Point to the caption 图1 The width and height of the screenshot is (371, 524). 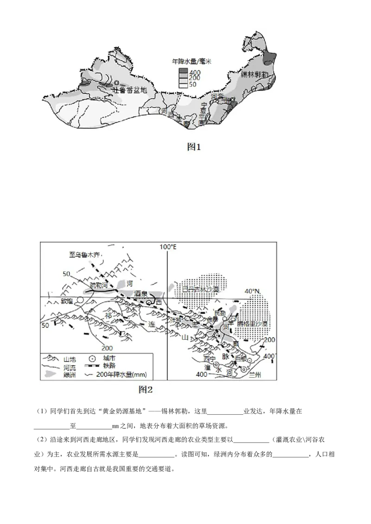[194, 147]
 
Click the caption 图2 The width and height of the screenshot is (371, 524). [146, 389]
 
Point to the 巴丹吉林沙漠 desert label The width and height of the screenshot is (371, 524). [200, 289]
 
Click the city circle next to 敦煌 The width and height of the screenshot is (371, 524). [80, 300]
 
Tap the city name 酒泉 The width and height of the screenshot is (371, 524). [141, 294]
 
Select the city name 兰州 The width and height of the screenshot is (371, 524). [256, 375]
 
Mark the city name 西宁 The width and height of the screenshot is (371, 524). [210, 359]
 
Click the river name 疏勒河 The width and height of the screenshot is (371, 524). [98, 286]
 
